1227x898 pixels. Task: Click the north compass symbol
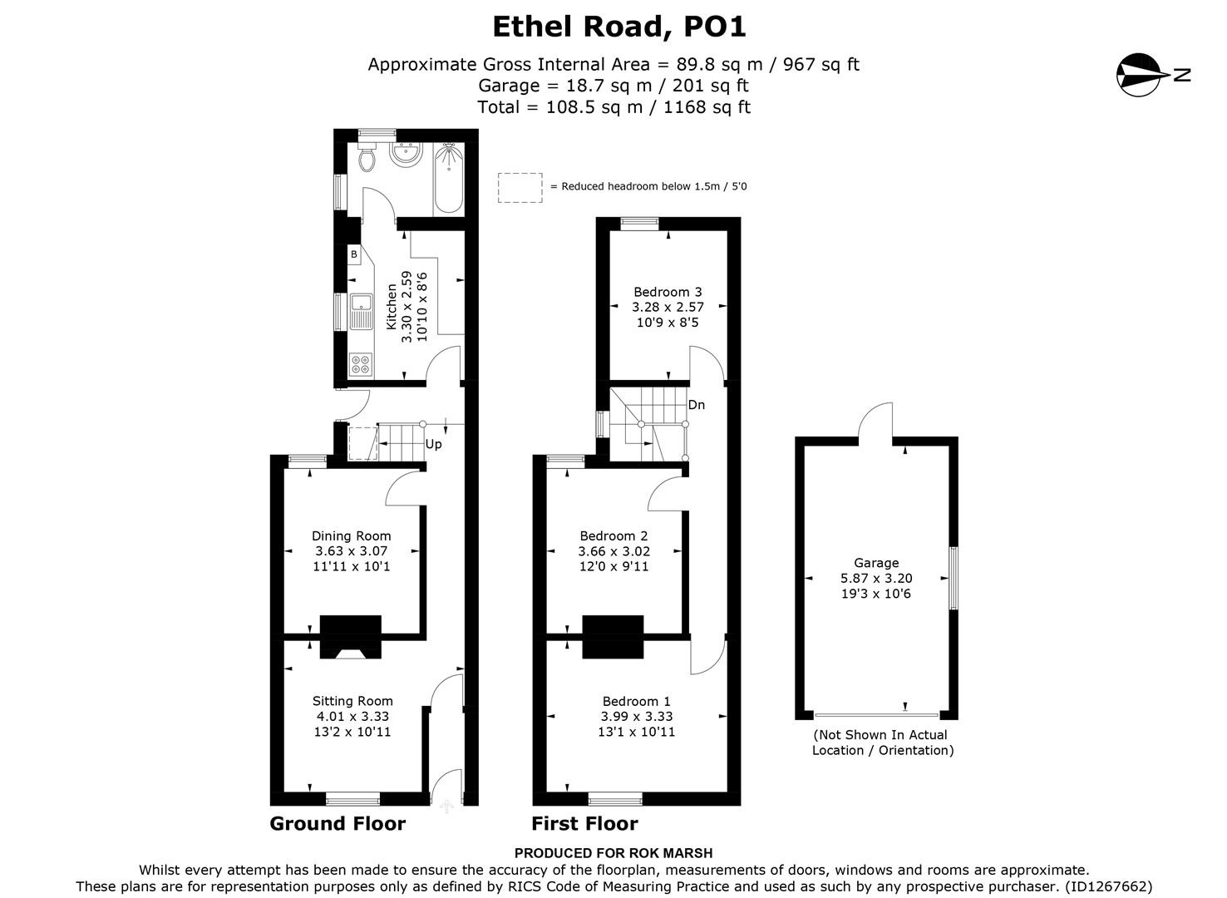[x=1140, y=75]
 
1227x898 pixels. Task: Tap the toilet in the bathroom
[x=367, y=157]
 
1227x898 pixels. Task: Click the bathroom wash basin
[x=407, y=154]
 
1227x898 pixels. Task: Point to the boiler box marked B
[x=354, y=254]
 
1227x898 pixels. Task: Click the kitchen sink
[x=362, y=311]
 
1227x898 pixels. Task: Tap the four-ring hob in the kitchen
[x=361, y=363]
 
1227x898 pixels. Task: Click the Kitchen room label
[x=392, y=307]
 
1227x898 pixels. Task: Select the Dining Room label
[x=351, y=536]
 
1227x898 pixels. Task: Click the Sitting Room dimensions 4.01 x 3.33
[x=352, y=716]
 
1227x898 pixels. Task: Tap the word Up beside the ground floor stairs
[x=433, y=444]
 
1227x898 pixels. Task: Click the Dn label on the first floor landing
[x=697, y=405]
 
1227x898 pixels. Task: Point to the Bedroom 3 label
[x=668, y=292]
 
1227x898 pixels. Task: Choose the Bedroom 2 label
[x=613, y=536]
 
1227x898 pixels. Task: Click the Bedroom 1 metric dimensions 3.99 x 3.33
[x=637, y=716]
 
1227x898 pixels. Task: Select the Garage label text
[x=876, y=563]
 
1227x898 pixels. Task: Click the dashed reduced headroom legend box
[x=520, y=187]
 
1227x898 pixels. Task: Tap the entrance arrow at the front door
[x=446, y=806]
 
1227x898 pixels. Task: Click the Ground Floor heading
[x=338, y=824]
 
